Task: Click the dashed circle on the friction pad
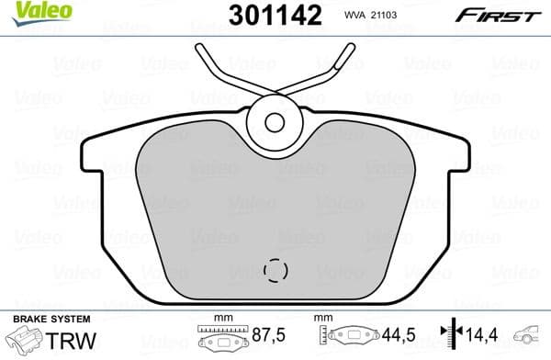pos(275,269)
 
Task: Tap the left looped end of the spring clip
pos(204,53)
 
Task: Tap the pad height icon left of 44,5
pos(354,337)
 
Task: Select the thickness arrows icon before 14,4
pos(449,337)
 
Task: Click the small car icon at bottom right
pos(531,337)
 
